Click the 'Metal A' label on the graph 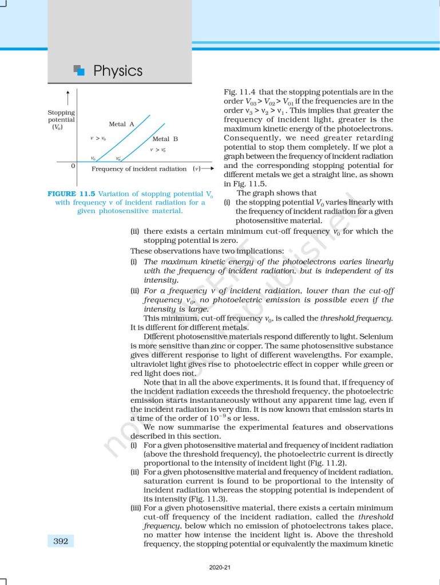[x=121, y=124]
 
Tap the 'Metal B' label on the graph [x=165, y=139]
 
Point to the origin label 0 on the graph [x=73, y=166]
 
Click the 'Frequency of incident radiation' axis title [x=139, y=169]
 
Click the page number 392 [x=61, y=541]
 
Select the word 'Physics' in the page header [x=118, y=71]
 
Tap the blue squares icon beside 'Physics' [x=80, y=70]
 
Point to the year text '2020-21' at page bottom [x=220, y=567]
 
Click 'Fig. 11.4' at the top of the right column [x=239, y=92]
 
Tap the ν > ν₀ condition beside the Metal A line [x=98, y=139]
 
